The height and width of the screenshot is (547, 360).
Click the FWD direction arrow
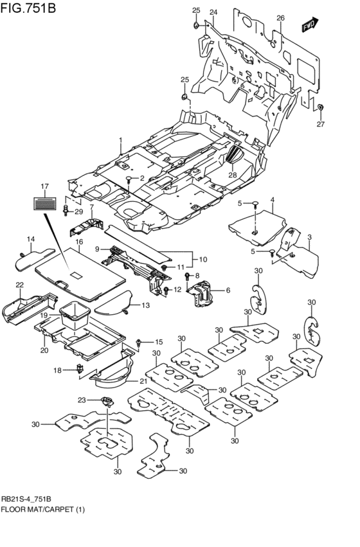310,24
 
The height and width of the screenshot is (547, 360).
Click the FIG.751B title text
28,7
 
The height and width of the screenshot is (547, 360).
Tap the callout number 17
44,186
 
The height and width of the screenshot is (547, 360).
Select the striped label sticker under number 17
44,203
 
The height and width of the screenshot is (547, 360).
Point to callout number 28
233,175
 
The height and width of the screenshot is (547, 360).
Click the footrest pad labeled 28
235,154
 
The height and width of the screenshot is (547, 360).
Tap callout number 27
320,124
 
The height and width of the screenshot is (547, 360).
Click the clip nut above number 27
321,107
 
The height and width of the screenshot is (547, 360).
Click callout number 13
145,305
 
